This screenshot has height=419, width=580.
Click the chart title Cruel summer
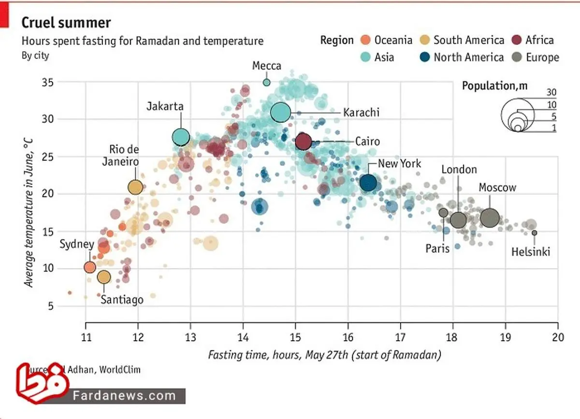pos(66,22)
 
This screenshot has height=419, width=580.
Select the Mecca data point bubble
pos(266,82)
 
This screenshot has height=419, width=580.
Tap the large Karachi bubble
pos(280,112)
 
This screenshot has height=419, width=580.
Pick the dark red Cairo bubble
pos(303,142)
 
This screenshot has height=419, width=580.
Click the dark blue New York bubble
pos(368,183)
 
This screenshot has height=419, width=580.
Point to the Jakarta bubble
pos(181,137)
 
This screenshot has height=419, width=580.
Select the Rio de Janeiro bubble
pos(135,187)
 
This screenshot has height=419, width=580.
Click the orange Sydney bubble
pos(89,267)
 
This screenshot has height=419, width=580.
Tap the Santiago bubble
pos(104,277)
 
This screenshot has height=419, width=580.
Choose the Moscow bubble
pos(490,217)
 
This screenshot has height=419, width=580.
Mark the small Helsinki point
pos(534,233)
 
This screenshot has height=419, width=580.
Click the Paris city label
pos(437,248)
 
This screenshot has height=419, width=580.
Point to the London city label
pos(459,170)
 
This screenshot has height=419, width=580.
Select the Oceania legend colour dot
pos(365,40)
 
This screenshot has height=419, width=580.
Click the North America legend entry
pos(461,58)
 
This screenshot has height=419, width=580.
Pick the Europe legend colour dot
pos(517,58)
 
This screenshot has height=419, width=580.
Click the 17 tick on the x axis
pos(400,337)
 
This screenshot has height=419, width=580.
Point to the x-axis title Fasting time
pos(324,355)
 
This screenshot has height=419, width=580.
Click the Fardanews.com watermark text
pos(125,396)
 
